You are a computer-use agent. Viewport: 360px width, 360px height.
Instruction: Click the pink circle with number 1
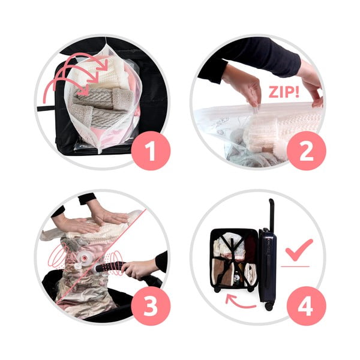pos(151,151)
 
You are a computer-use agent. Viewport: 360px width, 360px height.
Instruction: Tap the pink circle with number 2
pos(306,151)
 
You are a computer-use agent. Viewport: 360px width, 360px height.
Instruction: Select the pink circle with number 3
pos(151,306)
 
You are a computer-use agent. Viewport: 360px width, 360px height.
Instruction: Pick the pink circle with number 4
pos(306,306)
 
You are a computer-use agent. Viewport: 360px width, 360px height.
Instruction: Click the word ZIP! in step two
pos(284,92)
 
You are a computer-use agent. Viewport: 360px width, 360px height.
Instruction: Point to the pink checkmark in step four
pos(298,250)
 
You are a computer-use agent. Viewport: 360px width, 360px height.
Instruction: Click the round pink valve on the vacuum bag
pos(83,258)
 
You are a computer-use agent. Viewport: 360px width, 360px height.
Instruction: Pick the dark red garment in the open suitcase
pos(251,247)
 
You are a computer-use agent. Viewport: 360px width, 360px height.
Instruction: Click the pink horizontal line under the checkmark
pos(295,266)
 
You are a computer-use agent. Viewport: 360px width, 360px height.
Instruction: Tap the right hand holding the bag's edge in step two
pos(311,89)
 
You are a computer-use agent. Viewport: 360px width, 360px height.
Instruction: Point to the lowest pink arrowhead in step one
pos(84,90)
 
